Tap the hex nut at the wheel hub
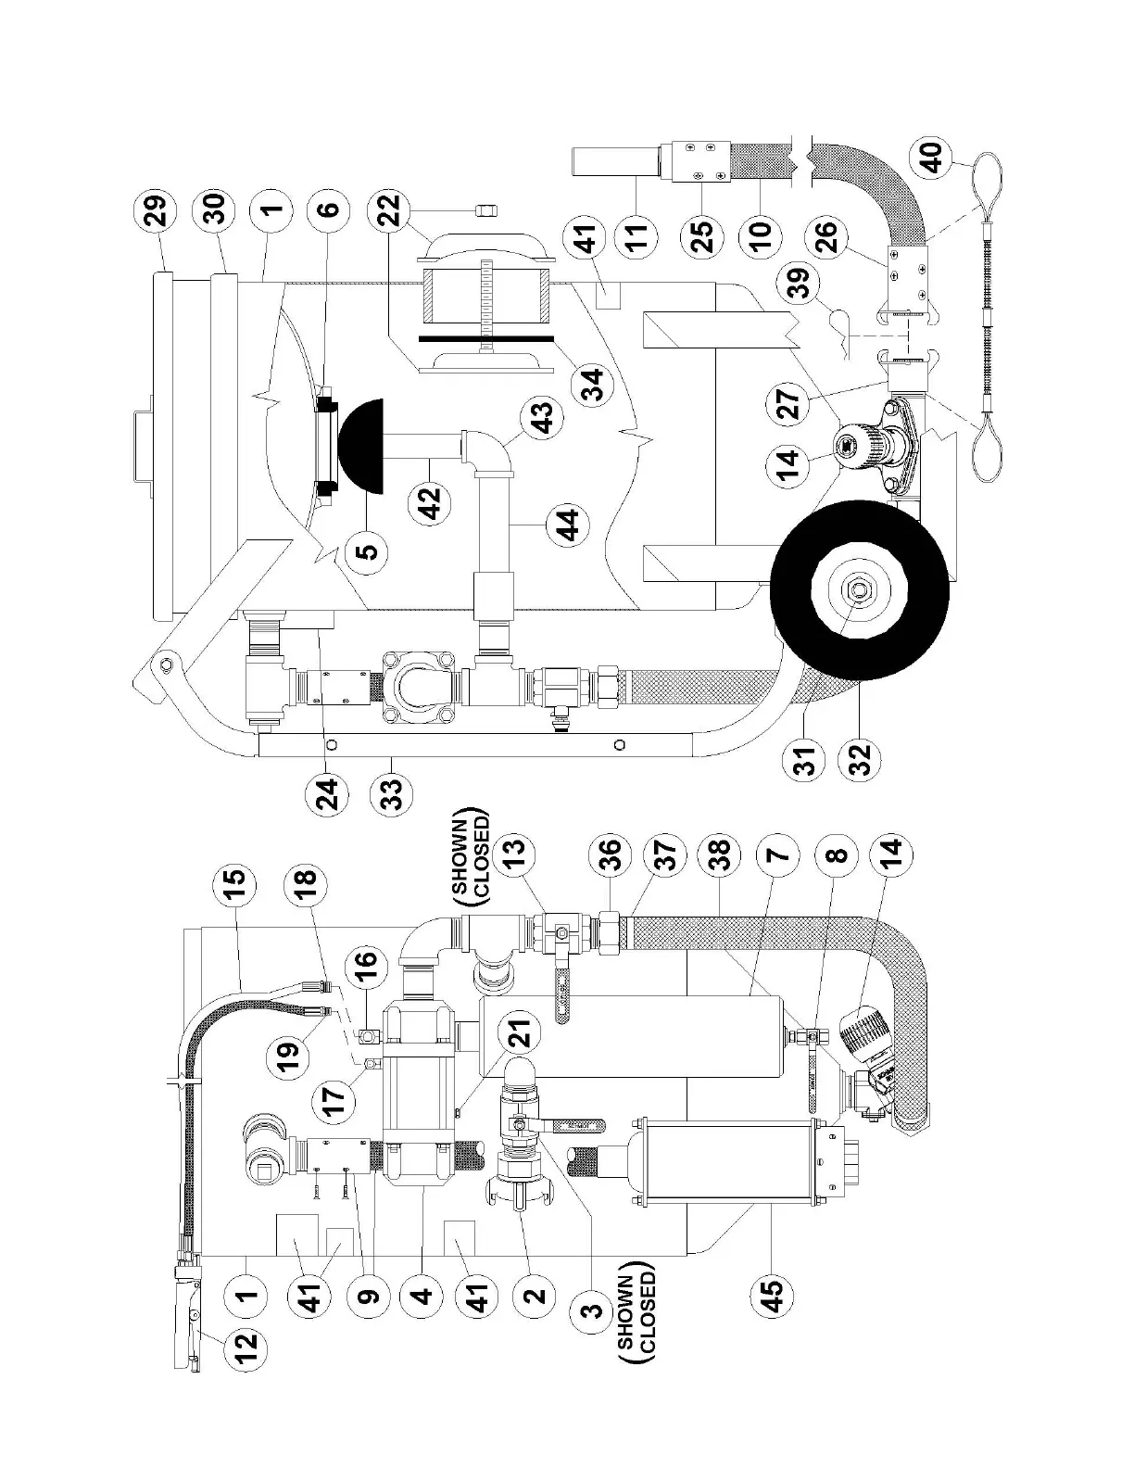pos(857,590)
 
